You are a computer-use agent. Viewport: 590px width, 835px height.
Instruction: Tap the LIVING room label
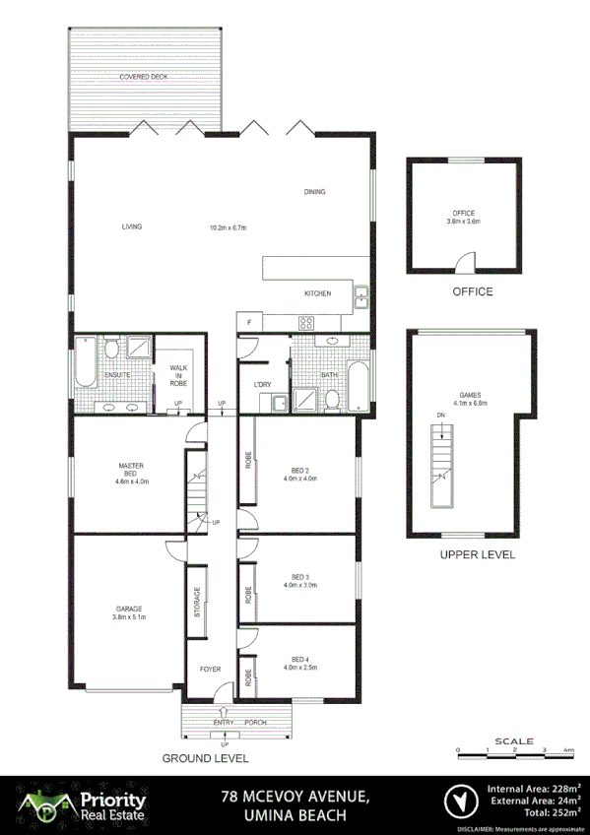coord(132,226)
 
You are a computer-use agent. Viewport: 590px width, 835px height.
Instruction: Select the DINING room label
coord(314,192)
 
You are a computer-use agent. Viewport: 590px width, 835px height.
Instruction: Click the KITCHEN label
coord(317,293)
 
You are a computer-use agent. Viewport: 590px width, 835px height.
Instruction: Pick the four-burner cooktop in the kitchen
coord(305,322)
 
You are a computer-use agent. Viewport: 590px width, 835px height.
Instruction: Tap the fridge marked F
coord(249,323)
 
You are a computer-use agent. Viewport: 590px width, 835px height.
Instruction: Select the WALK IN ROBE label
coord(178,374)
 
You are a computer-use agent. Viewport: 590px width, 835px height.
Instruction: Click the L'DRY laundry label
coord(262,384)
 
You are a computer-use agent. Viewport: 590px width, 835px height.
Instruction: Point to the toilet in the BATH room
coord(333,399)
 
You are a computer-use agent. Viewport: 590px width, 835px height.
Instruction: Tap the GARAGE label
coord(129,613)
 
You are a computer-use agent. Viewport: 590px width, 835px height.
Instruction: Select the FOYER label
coord(211,670)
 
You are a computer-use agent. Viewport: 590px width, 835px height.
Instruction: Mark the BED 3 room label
coord(300,581)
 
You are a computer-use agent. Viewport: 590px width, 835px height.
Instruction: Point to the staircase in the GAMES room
coord(442,463)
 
